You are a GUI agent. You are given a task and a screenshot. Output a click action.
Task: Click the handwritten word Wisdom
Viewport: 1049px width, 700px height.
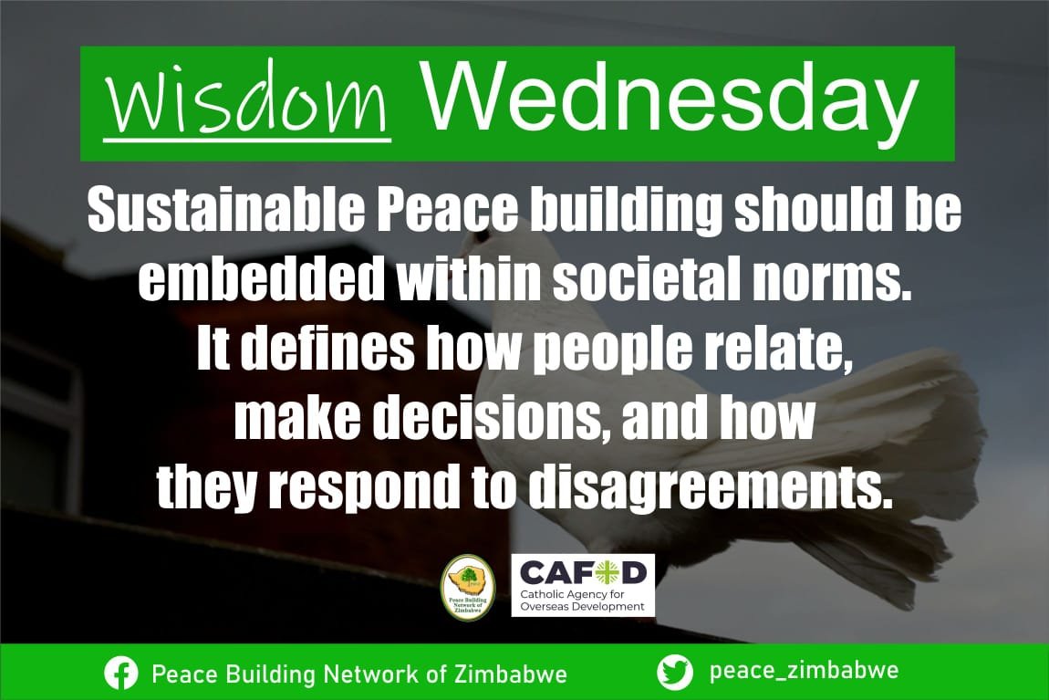pos(246,104)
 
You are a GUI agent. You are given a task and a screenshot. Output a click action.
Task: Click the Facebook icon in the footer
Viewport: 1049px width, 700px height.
pos(121,674)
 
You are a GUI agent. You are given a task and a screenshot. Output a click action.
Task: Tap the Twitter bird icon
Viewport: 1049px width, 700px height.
pos(675,673)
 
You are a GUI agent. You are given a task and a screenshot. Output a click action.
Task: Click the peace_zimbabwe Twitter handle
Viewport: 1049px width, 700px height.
pos(804,672)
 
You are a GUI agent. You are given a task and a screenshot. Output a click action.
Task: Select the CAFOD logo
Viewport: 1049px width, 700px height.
pos(582,573)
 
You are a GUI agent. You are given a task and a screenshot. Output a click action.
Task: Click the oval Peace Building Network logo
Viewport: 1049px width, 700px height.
pos(467,587)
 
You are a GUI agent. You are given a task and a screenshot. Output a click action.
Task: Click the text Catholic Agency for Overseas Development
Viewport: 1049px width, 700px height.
pos(582,600)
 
